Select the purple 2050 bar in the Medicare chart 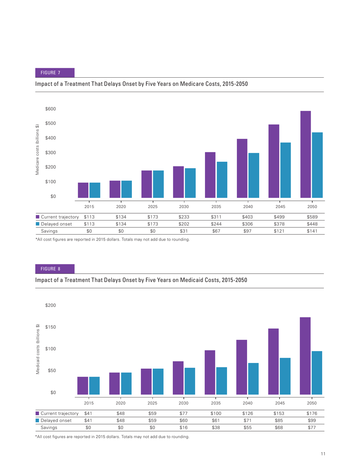pos(305,154)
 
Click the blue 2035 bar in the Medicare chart pos(222,180)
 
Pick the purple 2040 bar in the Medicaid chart pos(241,367)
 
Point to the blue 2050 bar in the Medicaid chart pos(316,373)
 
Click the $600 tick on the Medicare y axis pos(50,109)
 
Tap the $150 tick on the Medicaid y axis pos(50,327)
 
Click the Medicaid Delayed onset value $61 pos(216,420)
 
